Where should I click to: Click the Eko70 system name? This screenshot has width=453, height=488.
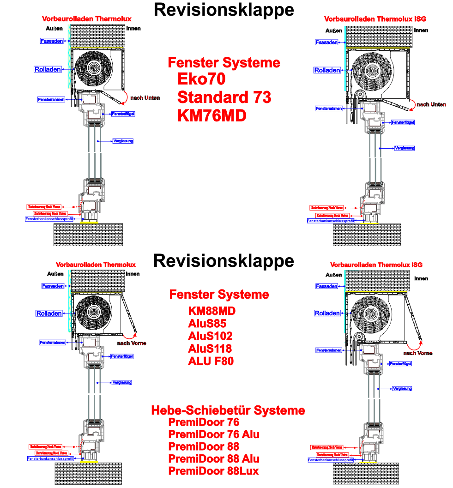201,79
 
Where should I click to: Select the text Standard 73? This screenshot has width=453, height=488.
224,97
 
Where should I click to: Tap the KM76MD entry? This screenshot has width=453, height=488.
212,115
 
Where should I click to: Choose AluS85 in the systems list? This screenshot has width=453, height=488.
207,324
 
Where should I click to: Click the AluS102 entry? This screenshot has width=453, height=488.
210,336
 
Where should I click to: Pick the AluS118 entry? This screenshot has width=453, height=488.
210,349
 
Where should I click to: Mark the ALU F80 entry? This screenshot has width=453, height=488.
211,361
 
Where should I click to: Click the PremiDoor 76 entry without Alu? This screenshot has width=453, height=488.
204,422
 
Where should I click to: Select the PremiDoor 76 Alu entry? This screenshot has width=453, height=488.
214,434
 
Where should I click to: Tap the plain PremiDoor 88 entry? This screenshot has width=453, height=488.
204,446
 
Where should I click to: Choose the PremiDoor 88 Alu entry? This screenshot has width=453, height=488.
214,459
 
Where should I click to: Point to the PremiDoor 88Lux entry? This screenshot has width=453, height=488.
213,471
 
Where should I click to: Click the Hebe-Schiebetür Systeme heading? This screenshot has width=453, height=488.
228,410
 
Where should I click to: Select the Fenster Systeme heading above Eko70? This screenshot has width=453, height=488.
224,62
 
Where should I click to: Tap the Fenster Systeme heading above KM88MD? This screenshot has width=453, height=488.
219,294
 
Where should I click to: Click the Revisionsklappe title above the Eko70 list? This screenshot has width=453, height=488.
224,9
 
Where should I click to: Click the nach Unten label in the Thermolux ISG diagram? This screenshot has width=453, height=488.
431,104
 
